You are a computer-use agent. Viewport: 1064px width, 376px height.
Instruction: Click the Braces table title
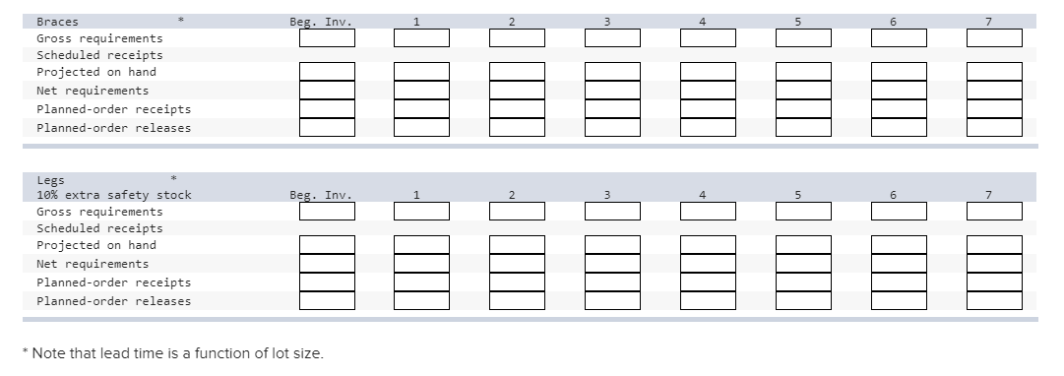click(57, 21)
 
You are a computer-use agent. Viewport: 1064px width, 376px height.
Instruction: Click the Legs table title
click(50, 181)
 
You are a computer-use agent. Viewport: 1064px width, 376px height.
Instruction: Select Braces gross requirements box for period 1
click(421, 37)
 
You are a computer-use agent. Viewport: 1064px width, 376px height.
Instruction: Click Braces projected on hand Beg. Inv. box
click(327, 72)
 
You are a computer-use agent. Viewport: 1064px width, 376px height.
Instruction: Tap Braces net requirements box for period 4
click(708, 91)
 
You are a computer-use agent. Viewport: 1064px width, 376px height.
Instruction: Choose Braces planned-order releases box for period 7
click(994, 127)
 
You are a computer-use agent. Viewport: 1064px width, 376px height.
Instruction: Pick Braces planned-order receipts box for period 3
click(612, 109)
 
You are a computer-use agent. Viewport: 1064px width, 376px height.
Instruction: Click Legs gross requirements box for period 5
click(803, 211)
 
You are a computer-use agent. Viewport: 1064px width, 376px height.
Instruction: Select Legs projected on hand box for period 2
click(517, 245)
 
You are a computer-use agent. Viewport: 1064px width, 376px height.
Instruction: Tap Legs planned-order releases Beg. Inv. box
click(327, 300)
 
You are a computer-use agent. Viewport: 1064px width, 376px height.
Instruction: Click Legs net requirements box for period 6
click(899, 264)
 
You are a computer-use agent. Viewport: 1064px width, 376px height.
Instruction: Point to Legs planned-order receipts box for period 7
click(994, 282)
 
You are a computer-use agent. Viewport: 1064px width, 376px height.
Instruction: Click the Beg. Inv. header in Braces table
click(321, 21)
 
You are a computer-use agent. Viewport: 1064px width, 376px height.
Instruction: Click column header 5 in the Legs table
click(797, 195)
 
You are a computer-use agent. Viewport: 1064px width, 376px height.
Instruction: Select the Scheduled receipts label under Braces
click(99, 55)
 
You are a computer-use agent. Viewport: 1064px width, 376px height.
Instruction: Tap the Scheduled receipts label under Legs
click(99, 228)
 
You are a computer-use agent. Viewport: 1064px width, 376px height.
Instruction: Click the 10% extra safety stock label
click(113, 195)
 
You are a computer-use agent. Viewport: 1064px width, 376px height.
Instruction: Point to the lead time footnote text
click(176, 353)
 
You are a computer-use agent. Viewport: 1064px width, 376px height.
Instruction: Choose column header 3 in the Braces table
click(606, 21)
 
